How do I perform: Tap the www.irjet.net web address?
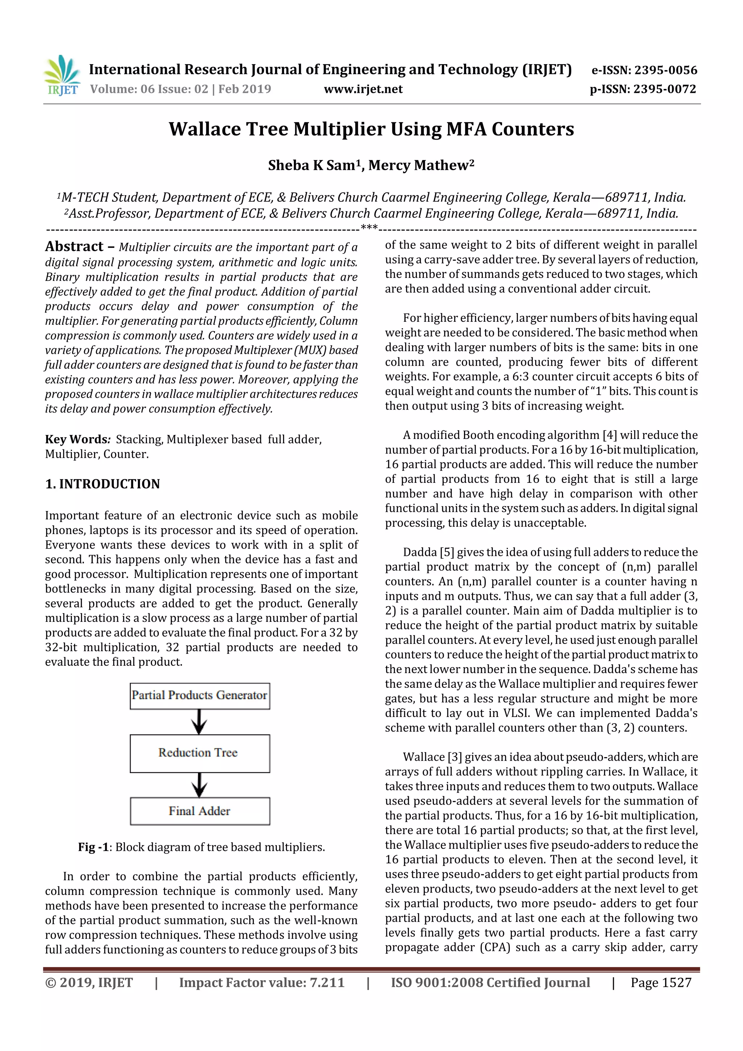click(x=363, y=89)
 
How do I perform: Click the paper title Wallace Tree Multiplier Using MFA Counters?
click(x=371, y=129)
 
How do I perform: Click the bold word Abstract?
click(x=74, y=247)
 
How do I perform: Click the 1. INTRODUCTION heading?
click(x=103, y=484)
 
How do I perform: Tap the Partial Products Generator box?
click(x=200, y=696)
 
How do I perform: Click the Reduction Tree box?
click(x=200, y=753)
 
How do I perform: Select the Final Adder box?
click(x=200, y=811)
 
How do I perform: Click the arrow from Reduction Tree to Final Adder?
click(x=200, y=785)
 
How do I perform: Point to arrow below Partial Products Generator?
click(x=200, y=722)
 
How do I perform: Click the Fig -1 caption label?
click(x=93, y=847)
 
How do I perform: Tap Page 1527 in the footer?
click(x=661, y=982)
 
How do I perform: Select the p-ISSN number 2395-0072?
click(x=664, y=89)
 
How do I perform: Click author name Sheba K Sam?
click(x=311, y=165)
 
